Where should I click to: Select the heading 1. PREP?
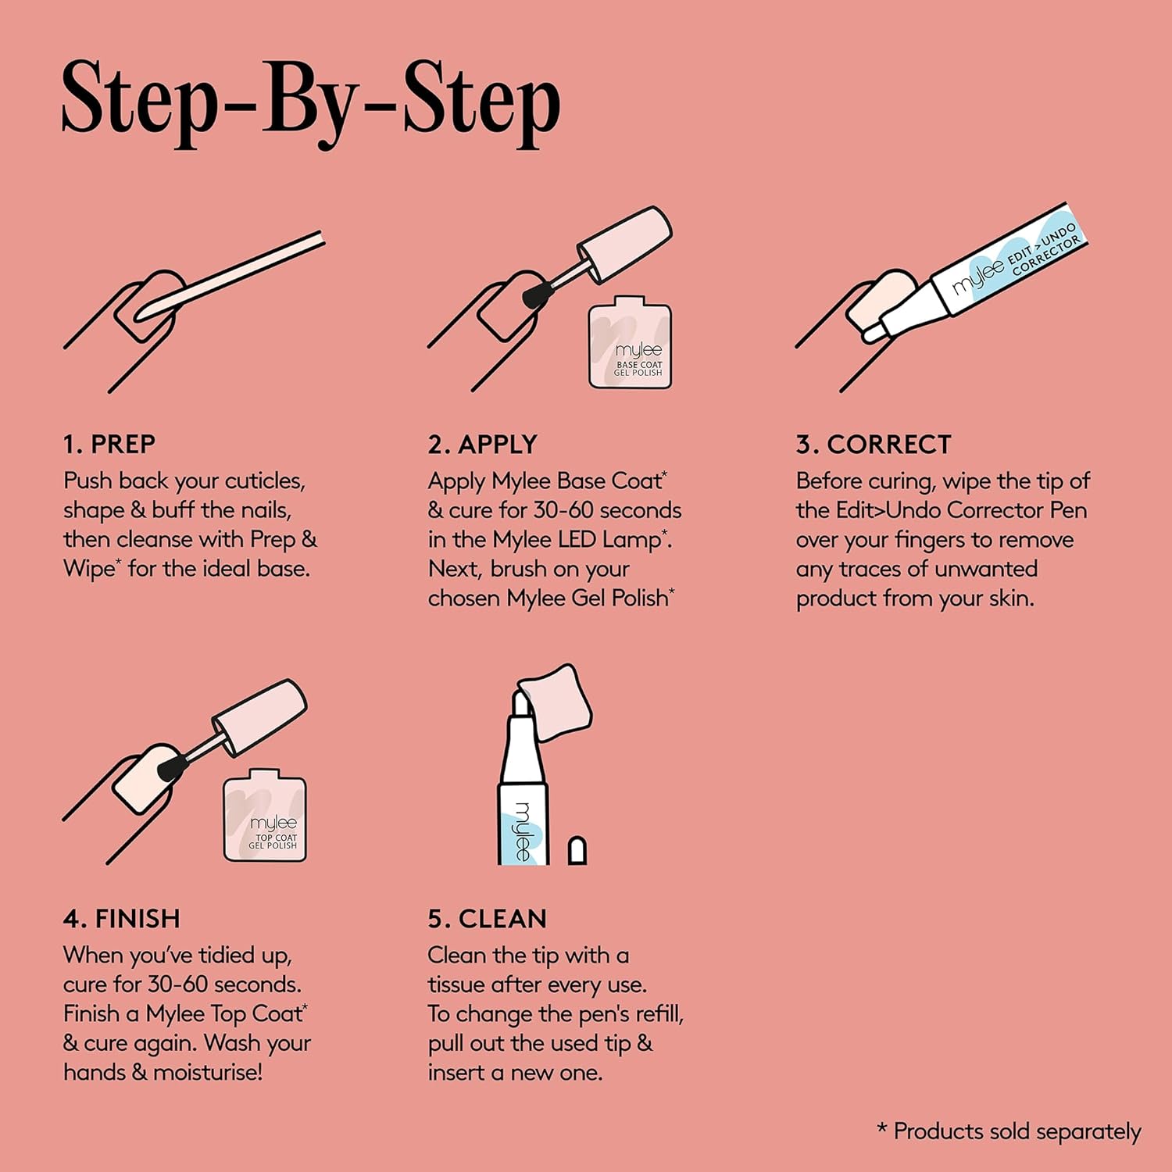[x=109, y=444]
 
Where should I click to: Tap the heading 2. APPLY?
[x=482, y=444]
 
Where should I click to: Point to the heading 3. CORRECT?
[x=874, y=444]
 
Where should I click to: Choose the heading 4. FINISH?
[x=121, y=918]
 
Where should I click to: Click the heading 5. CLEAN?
[x=487, y=918]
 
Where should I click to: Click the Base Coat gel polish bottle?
[x=630, y=342]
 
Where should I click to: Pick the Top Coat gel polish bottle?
[x=265, y=815]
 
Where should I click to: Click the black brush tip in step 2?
[x=536, y=295]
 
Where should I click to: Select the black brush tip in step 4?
[x=171, y=768]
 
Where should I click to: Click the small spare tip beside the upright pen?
[x=577, y=850]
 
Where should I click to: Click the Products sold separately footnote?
[x=1009, y=1131]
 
